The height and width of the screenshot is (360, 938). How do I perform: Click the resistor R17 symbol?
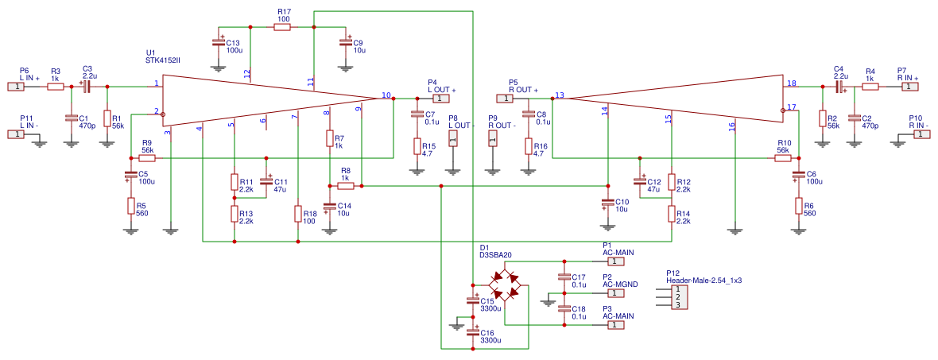point(282,27)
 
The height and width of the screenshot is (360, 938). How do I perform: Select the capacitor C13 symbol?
point(219,41)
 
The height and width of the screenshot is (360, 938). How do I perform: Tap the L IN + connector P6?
point(16,87)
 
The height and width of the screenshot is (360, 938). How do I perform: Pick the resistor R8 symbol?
point(345,186)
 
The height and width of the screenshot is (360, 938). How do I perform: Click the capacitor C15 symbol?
point(473,300)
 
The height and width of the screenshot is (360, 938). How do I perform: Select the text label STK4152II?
point(163,60)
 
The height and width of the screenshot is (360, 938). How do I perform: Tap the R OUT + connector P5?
point(506,99)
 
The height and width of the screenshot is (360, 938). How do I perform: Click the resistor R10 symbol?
point(783,159)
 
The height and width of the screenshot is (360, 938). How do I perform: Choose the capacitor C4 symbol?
point(838,87)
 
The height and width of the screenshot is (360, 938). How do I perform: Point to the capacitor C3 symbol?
point(87,87)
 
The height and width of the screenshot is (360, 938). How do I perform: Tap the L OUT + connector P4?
point(441,99)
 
